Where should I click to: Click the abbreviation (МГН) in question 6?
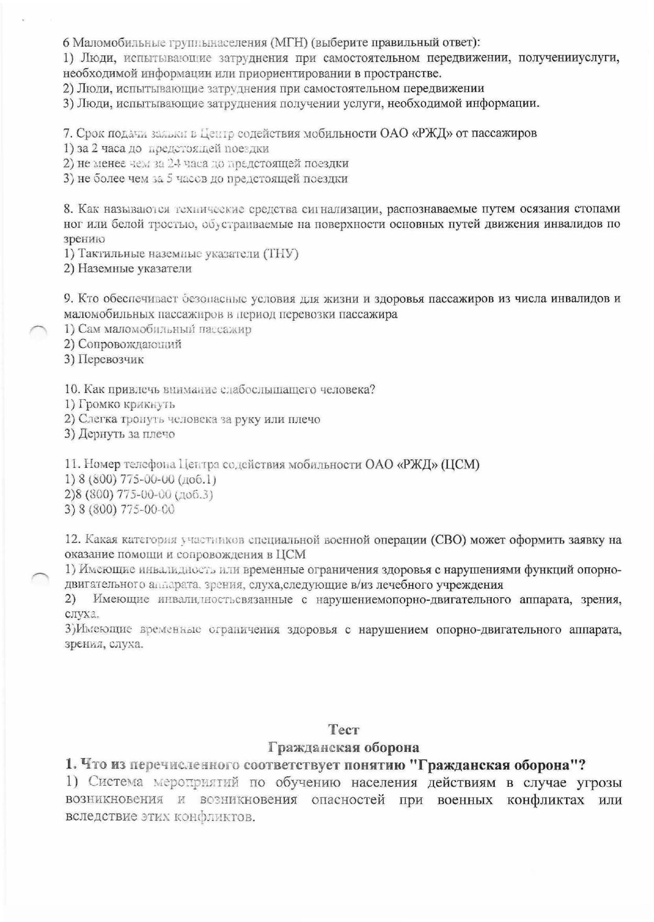click(293, 42)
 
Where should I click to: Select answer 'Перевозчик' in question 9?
click(110, 359)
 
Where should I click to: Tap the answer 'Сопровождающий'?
click(129, 344)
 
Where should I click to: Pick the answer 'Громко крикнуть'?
click(126, 404)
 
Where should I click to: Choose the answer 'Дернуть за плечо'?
click(126, 434)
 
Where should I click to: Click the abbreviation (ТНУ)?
click(281, 254)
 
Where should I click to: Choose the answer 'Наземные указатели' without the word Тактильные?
click(135, 269)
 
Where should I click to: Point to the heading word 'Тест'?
click(343, 729)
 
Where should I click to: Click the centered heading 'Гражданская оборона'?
click(343, 747)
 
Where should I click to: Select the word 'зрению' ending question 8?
click(84, 239)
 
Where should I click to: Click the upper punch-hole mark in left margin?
click(38, 330)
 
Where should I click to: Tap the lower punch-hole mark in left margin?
click(39, 577)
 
